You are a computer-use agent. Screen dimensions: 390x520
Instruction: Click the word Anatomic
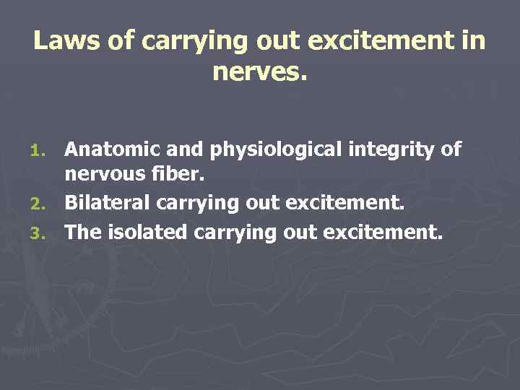(x=107, y=149)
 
